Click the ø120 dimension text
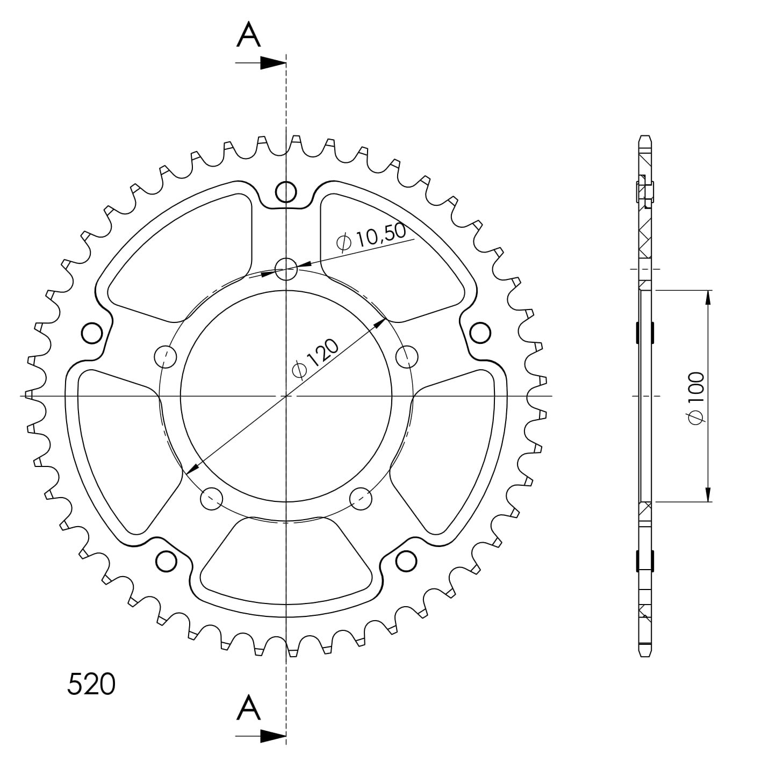tap(315, 359)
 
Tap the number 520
tap(91, 685)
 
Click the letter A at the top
tap(248, 34)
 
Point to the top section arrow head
tap(273, 63)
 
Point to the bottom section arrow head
tap(273, 736)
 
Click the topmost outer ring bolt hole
tap(286, 192)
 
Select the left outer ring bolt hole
tap(92, 333)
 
